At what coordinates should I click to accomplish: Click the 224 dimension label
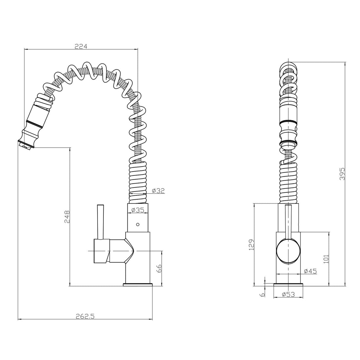click(81, 46)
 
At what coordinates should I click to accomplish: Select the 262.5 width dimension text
click(85, 316)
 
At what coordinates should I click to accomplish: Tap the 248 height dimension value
click(67, 217)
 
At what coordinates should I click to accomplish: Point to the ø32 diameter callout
click(158, 190)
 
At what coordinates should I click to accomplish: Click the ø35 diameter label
click(138, 210)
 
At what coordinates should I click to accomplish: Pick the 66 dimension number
click(159, 268)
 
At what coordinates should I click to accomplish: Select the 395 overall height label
click(342, 173)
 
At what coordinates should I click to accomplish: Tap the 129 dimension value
click(252, 245)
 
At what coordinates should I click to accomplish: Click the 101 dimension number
click(326, 259)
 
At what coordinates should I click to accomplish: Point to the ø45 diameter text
click(310, 271)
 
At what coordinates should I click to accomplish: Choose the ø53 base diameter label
click(288, 294)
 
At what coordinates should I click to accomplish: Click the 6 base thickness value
click(263, 295)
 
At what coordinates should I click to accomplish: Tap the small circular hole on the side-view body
click(138, 224)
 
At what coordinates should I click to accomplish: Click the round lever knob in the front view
click(288, 251)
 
